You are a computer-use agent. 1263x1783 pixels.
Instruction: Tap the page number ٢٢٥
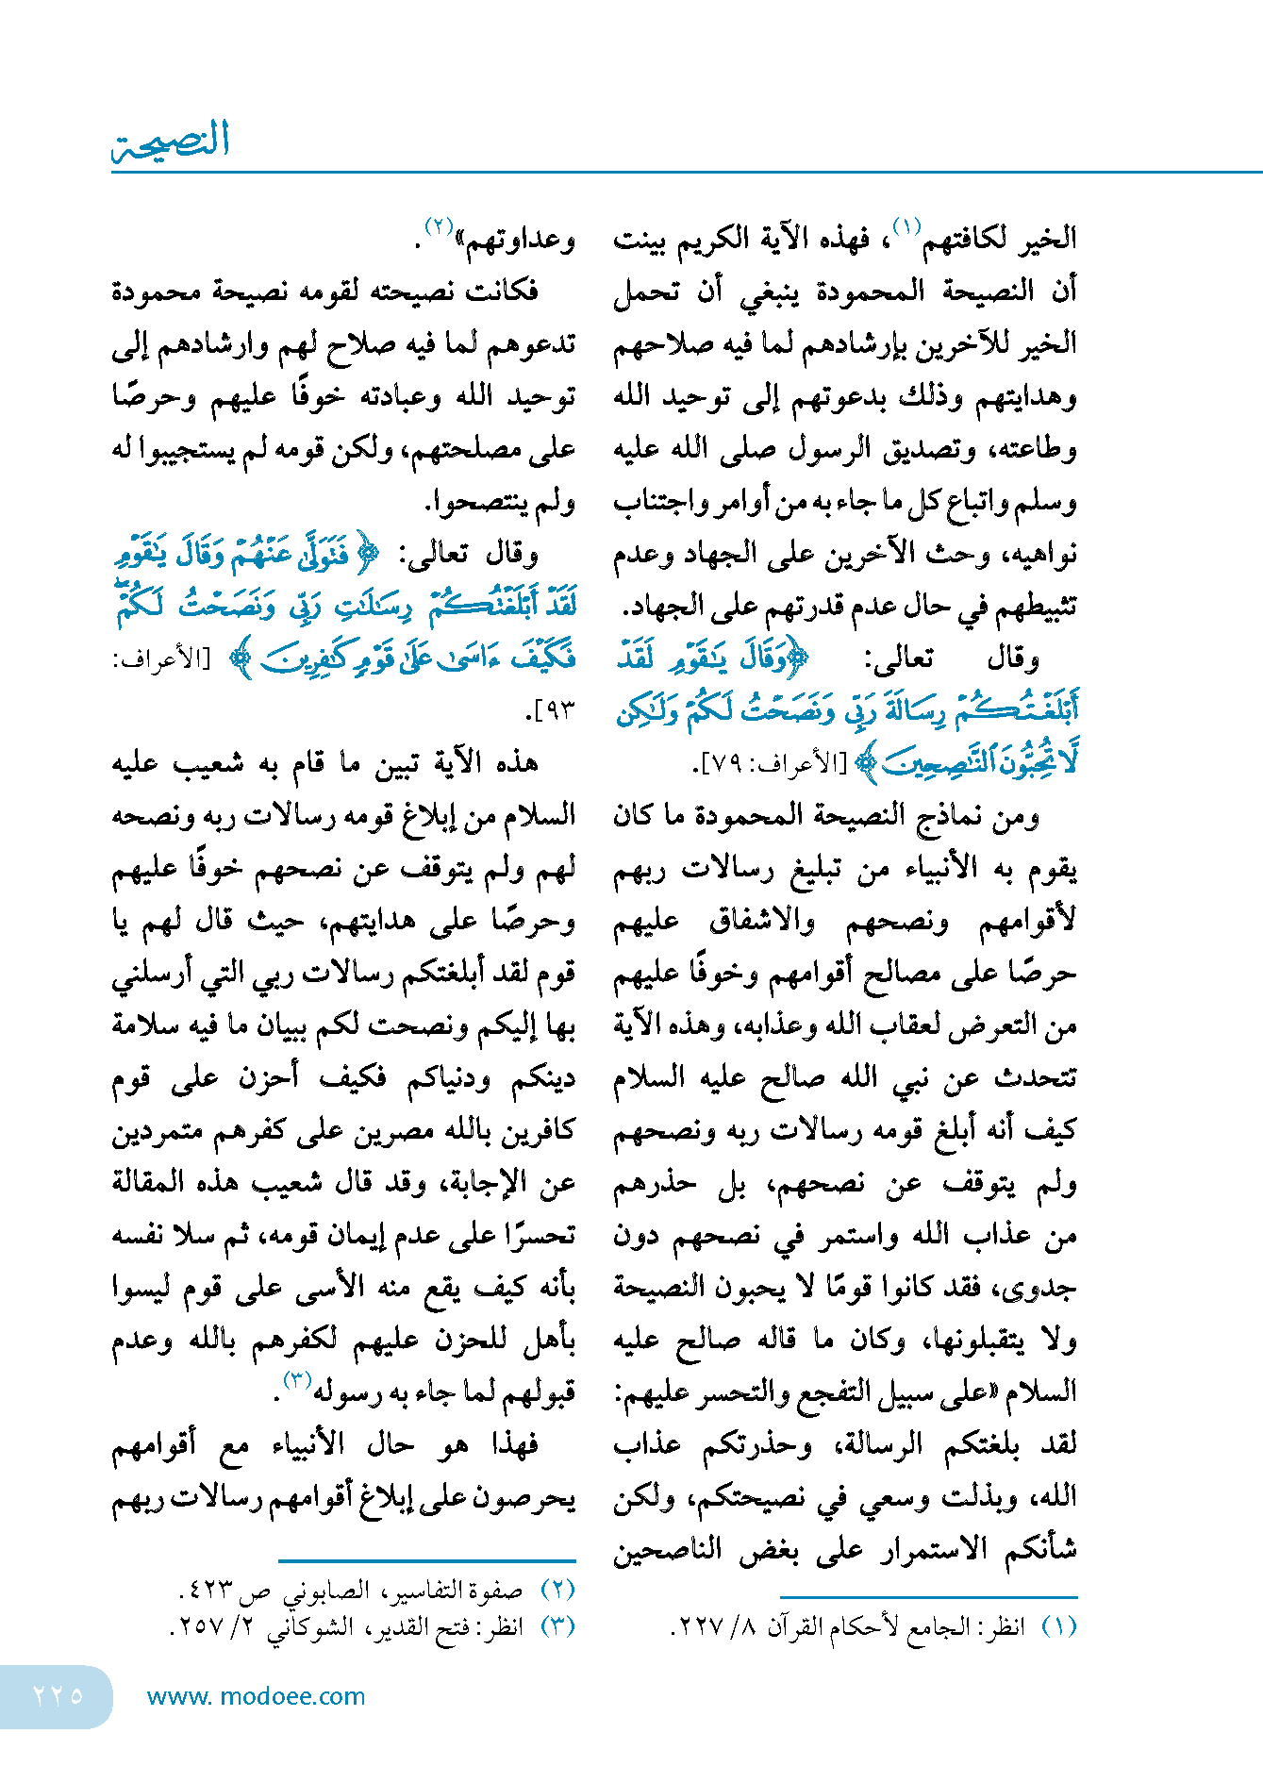coord(58,1695)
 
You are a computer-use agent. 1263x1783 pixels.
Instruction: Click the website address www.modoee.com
coord(256,1696)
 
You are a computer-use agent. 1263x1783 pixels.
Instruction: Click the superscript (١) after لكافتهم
coord(906,227)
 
